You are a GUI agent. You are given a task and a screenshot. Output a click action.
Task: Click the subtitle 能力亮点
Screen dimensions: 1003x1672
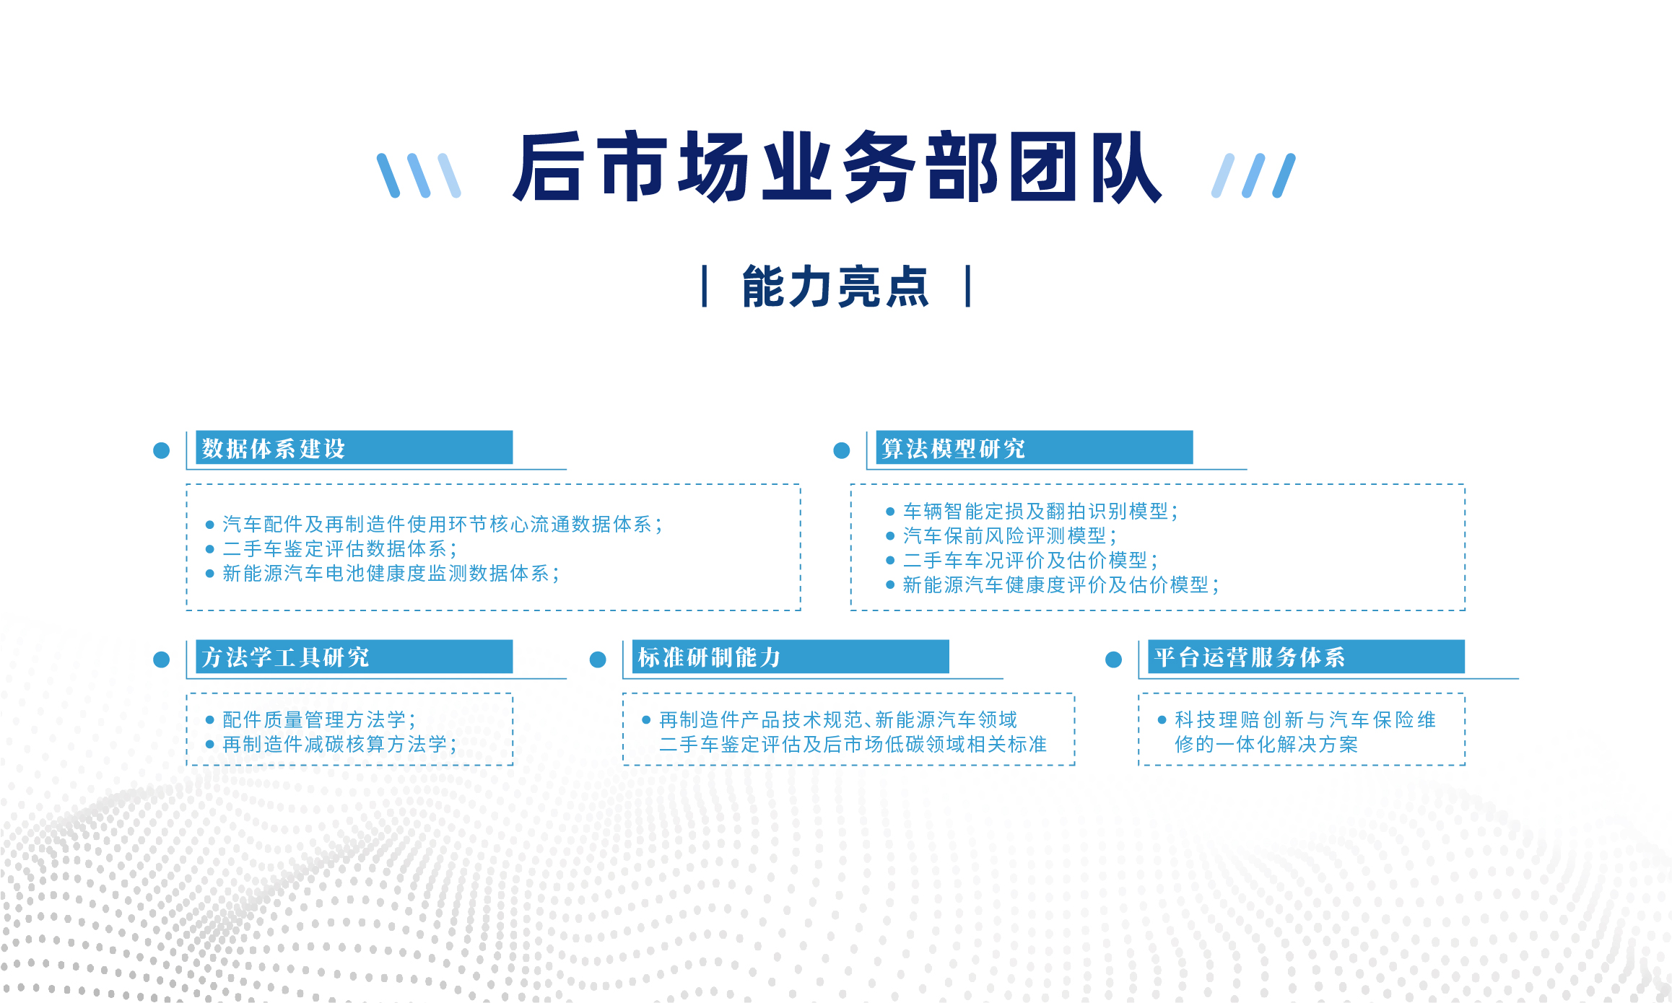coord(835,287)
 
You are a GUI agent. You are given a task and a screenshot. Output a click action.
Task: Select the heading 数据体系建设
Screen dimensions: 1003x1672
coord(274,448)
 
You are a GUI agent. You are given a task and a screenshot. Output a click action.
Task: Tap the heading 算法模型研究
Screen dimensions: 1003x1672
coord(953,448)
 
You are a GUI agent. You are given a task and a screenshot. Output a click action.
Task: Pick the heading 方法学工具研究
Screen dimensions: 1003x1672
coord(285,657)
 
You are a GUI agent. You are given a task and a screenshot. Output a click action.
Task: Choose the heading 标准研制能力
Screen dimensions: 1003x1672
coord(709,657)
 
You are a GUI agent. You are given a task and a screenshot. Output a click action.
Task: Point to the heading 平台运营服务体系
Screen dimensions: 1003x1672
coord(1249,657)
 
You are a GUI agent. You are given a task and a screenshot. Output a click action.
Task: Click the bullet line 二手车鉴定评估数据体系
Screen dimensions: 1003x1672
coord(339,549)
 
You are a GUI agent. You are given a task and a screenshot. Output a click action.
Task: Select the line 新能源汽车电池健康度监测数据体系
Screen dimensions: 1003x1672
coord(390,574)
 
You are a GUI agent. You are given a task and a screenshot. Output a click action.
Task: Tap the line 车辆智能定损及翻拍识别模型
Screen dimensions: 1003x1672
coord(1040,512)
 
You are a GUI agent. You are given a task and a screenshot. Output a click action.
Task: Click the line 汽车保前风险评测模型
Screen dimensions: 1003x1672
coord(1009,536)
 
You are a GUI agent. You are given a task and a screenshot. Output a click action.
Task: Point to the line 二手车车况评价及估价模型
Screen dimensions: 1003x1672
coord(1029,561)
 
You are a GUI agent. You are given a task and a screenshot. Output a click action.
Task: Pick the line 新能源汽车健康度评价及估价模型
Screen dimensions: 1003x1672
coord(1060,585)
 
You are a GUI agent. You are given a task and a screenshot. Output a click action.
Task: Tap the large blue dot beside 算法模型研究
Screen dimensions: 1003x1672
coord(842,450)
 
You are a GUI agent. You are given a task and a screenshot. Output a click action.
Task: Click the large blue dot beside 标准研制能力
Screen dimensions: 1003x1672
coord(598,660)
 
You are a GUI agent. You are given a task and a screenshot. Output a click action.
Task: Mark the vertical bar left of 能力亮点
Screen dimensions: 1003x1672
coord(705,286)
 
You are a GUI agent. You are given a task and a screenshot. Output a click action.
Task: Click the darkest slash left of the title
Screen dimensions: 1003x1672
coord(388,175)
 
